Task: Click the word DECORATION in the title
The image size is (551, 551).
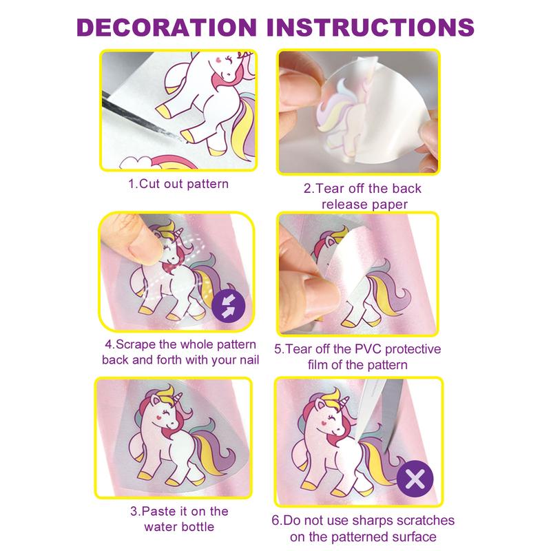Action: click(x=167, y=28)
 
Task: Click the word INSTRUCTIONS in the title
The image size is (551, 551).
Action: click(x=371, y=28)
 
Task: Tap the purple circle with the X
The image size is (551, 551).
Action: click(x=415, y=479)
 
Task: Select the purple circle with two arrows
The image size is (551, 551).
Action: click(x=229, y=305)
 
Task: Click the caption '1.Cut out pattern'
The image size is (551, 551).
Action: click(x=178, y=184)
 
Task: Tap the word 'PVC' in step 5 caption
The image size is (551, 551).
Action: click(x=368, y=349)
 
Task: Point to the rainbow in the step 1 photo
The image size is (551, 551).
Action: click(x=171, y=162)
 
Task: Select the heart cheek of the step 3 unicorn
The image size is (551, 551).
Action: click(x=159, y=418)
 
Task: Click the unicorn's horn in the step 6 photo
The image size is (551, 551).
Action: click(x=345, y=402)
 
